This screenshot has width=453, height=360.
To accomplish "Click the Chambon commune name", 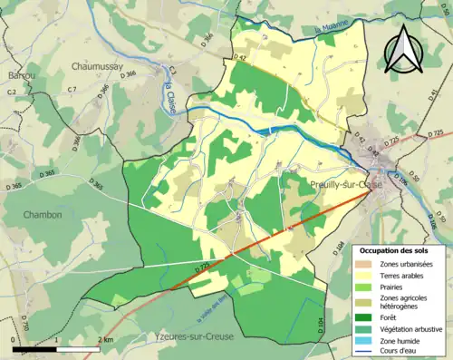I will (x=44, y=215).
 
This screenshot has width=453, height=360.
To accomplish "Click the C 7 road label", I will (x=72, y=88).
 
